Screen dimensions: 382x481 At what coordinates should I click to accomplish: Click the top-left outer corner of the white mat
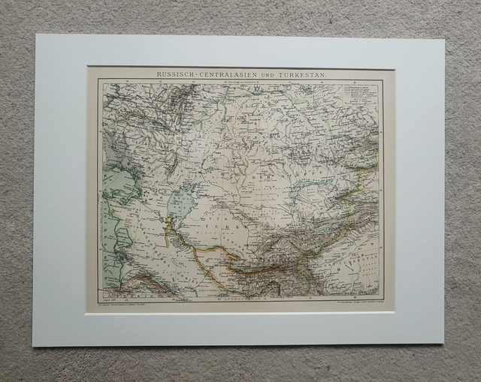[x=35, y=35]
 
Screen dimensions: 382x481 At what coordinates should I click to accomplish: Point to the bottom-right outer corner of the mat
[x=443, y=344]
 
